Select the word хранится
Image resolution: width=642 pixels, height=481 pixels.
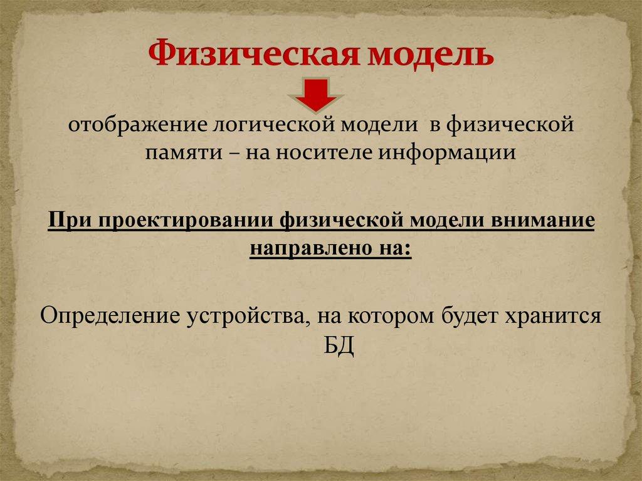(553, 315)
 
